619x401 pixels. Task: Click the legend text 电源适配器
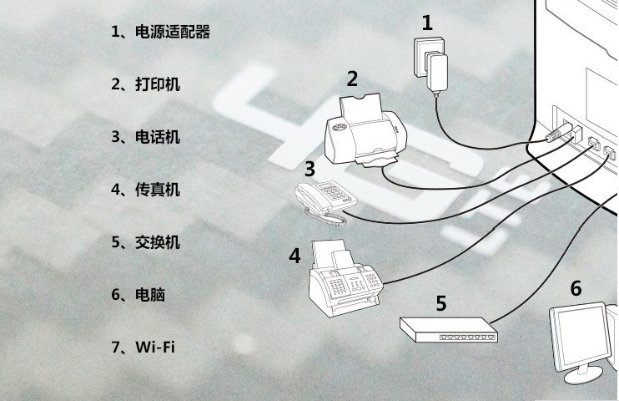[172, 33]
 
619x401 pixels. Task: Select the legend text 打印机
[157, 84]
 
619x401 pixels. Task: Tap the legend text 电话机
[157, 137]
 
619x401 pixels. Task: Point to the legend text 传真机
[157, 190]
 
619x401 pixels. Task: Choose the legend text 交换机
[157, 242]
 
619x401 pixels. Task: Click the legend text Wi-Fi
[155, 348]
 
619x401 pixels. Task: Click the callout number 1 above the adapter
[427, 23]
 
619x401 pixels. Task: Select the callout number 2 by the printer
[352, 79]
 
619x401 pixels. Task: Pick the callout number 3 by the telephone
[309, 169]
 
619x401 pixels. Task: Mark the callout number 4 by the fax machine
[294, 256]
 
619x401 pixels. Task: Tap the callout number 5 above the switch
[441, 302]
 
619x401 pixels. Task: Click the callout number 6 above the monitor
[576, 288]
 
